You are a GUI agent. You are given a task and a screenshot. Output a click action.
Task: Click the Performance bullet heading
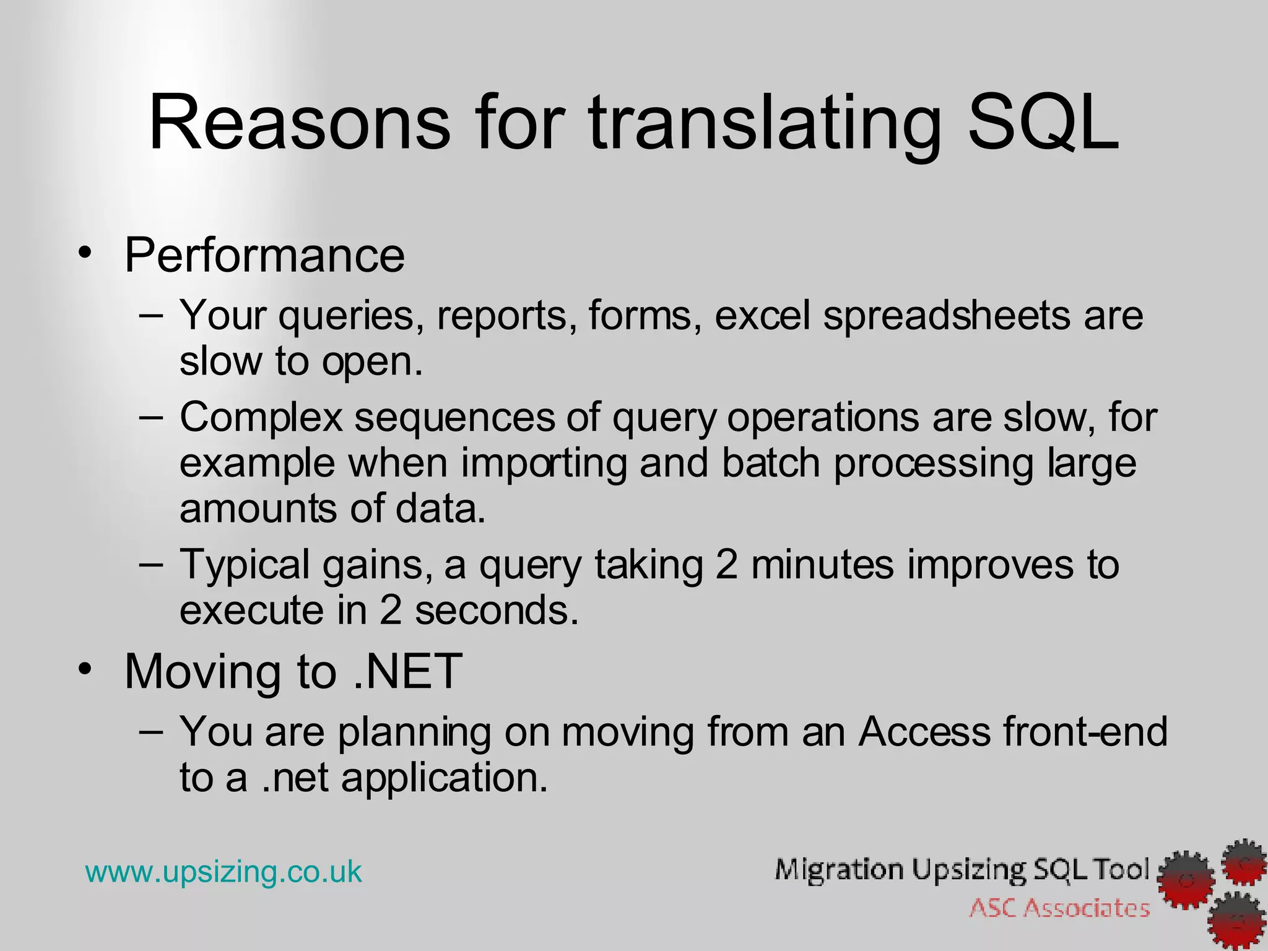point(264,255)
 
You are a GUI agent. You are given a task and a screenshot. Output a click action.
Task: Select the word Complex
point(261,417)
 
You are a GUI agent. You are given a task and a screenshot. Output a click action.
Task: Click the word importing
point(544,464)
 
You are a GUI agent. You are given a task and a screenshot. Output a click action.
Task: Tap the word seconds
point(497,610)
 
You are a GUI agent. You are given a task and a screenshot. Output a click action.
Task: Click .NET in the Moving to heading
point(407,671)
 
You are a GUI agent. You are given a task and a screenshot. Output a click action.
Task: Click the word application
point(444,778)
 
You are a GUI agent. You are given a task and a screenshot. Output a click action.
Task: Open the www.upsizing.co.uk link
point(224,872)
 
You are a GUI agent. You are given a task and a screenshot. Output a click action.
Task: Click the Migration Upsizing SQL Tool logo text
point(962,870)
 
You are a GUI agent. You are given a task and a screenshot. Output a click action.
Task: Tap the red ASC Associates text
point(1059,909)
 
